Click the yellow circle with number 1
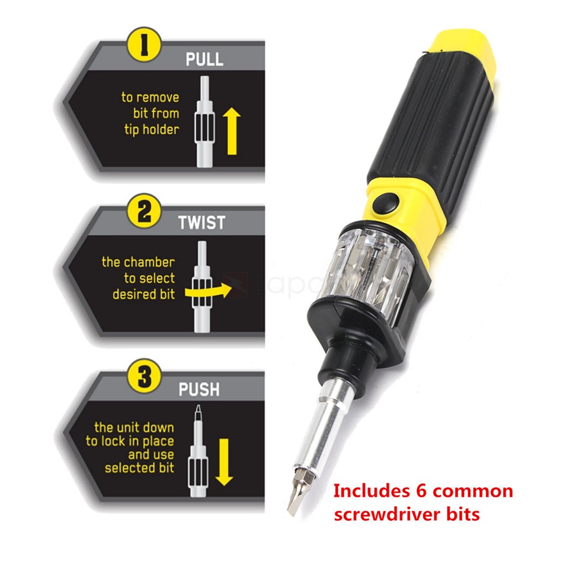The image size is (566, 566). (144, 45)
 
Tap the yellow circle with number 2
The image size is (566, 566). (144, 211)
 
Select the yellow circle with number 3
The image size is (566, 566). (144, 376)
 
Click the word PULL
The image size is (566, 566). (205, 59)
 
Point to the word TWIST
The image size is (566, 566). (202, 222)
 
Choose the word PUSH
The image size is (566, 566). (199, 389)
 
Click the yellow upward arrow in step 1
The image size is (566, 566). (232, 132)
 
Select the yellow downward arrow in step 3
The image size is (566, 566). (224, 462)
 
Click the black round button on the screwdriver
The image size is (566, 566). (386, 203)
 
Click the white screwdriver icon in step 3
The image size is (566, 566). (198, 450)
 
